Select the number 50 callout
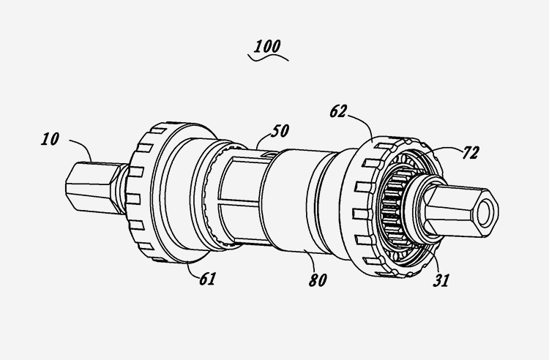point(279,132)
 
